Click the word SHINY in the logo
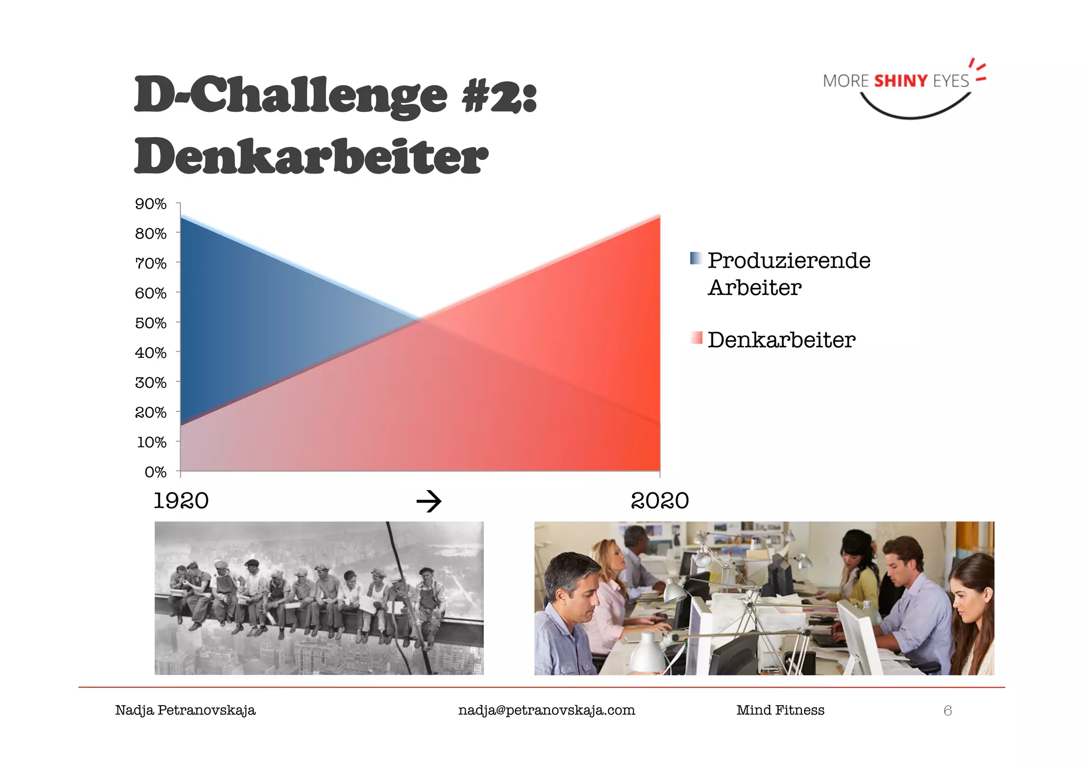click(x=900, y=81)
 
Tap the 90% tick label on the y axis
click(x=151, y=204)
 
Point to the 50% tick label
click(x=151, y=323)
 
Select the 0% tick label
click(x=155, y=472)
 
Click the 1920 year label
click(x=181, y=501)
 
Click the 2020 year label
click(x=660, y=501)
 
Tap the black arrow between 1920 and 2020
click(x=429, y=501)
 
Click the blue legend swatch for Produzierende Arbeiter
click(x=696, y=258)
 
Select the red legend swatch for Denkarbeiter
click(x=696, y=338)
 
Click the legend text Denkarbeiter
click(x=781, y=340)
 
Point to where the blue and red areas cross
click(x=420, y=319)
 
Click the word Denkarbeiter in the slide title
click(x=311, y=157)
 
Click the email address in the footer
click(x=546, y=710)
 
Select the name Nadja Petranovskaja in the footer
click(x=185, y=710)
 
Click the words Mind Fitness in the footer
click(x=780, y=710)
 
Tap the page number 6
click(x=947, y=710)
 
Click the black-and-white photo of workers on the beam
click(x=319, y=598)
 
